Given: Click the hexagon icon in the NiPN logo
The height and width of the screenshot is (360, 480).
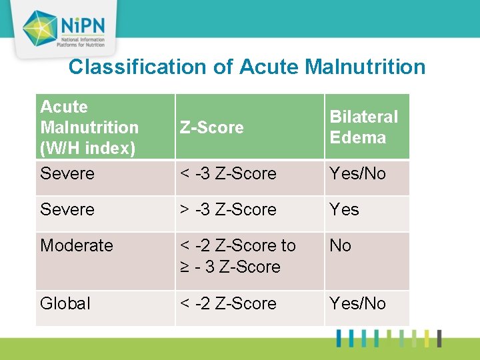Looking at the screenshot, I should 39,28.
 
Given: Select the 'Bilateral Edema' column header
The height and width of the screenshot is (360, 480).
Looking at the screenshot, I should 364,127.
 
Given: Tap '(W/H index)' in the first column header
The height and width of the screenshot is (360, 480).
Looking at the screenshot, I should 87,148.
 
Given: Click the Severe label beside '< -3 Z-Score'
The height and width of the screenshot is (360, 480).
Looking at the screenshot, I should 67,174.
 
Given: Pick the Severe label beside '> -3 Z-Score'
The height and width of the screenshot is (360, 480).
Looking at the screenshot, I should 67,209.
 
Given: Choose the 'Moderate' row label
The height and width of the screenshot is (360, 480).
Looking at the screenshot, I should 77,245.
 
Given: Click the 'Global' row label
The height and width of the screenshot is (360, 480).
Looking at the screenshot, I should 65,303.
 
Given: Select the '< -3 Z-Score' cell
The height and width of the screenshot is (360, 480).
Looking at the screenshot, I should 228,174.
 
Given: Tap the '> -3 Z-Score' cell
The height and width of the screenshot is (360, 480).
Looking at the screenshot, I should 228,209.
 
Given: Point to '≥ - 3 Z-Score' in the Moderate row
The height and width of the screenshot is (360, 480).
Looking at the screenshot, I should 230,267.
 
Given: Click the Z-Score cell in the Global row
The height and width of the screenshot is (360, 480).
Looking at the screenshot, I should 228,303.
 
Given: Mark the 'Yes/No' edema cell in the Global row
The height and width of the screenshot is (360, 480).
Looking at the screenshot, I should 358,303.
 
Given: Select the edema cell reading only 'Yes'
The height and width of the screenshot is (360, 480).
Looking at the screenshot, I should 345,209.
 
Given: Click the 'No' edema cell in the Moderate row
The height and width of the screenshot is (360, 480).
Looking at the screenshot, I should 341,245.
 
